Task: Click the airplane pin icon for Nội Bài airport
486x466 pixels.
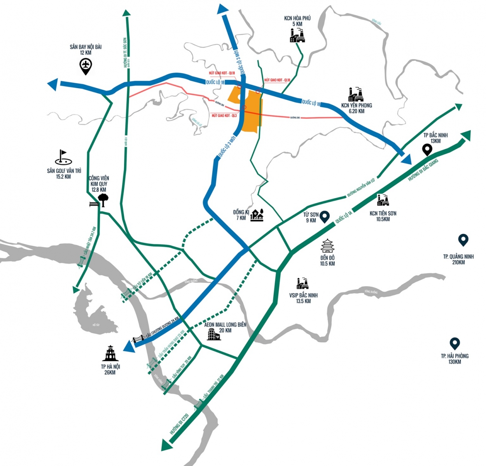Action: (x=86, y=66)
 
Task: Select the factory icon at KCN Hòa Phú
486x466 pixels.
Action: (x=297, y=35)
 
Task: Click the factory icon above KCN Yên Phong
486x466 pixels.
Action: (x=356, y=95)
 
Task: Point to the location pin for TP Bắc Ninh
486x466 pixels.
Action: (x=427, y=150)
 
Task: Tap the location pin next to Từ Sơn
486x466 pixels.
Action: (x=325, y=217)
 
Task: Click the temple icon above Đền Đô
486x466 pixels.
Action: (x=327, y=246)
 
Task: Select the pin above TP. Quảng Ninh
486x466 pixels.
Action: (x=463, y=240)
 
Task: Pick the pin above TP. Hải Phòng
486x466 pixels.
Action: (x=455, y=344)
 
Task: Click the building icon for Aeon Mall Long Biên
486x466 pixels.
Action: (x=213, y=334)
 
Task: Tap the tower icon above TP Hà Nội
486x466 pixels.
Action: (x=110, y=353)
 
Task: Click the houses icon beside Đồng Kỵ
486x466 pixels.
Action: (x=257, y=215)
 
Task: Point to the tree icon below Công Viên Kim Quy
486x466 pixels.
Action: (x=103, y=200)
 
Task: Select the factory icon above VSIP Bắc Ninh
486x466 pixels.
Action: (x=302, y=284)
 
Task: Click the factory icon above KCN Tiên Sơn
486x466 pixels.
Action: (x=383, y=200)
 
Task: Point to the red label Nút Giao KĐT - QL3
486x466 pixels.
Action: (x=224, y=115)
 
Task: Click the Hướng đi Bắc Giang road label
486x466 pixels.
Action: (x=423, y=170)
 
